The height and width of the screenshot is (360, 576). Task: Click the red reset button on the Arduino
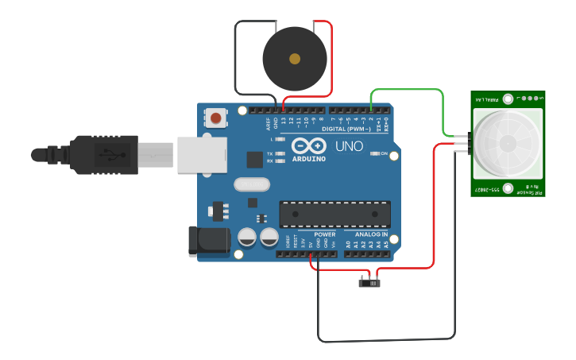point(215,118)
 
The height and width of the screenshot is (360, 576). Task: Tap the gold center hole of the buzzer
point(295,59)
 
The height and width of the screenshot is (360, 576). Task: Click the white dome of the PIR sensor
point(506,144)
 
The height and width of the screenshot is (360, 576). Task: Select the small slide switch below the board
point(369,281)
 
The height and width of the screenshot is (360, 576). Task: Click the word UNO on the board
point(350,146)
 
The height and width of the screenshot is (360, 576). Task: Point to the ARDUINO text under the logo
point(309,158)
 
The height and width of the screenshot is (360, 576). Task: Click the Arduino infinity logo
point(309,146)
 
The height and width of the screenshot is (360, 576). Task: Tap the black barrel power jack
point(204,242)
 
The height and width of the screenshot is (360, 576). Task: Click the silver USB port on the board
point(201,154)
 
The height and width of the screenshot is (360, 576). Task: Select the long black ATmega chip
point(335,214)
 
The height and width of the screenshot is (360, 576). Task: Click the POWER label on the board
point(325,234)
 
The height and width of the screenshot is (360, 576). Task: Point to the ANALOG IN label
point(371,234)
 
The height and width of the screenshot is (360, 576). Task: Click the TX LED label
point(270,153)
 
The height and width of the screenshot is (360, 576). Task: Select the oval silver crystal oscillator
point(253,184)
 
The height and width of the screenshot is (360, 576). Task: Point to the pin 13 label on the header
point(284,122)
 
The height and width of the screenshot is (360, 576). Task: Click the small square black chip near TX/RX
point(254,160)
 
